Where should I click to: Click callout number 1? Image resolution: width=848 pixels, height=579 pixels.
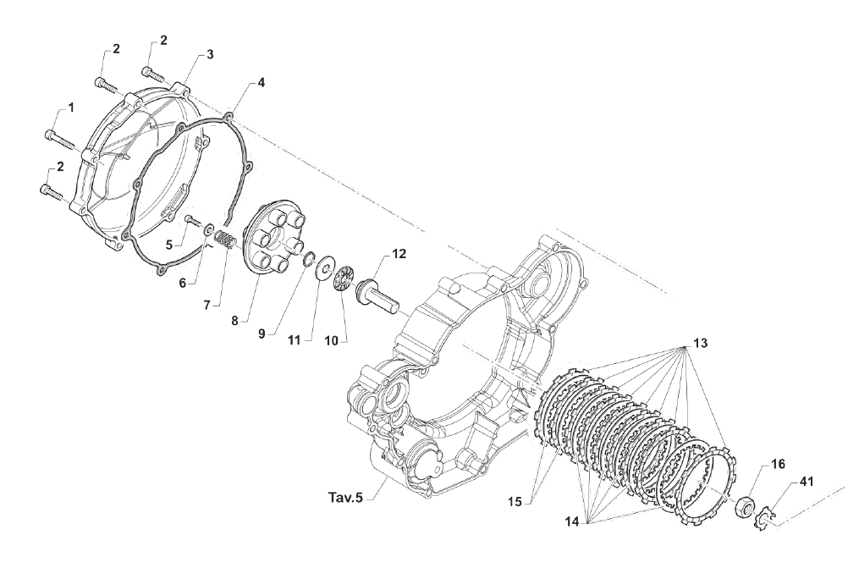[x=71, y=108]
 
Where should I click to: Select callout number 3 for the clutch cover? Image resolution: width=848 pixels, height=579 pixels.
[x=209, y=54]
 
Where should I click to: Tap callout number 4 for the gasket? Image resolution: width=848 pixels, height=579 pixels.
[x=261, y=83]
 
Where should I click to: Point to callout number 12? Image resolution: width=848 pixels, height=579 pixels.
[x=399, y=254]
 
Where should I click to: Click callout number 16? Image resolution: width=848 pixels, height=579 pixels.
[x=778, y=465]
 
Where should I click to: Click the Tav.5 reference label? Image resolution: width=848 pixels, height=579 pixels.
[x=346, y=497]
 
